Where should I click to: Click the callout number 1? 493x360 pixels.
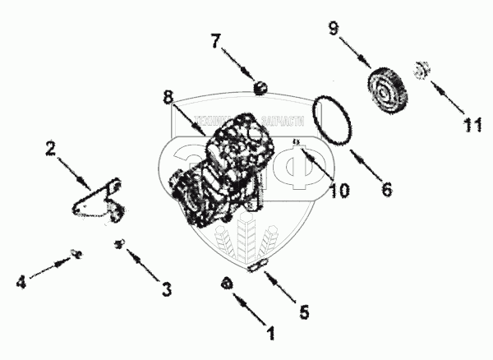(x=269, y=334)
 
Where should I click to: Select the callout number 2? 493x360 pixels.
(x=51, y=150)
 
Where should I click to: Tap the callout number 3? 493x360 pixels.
(x=167, y=288)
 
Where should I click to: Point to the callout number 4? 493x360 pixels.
(x=23, y=282)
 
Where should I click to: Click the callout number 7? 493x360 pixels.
(x=215, y=39)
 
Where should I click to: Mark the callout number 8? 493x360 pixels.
(x=168, y=98)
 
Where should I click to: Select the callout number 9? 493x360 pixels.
(x=334, y=29)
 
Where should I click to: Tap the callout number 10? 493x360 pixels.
(x=339, y=190)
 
